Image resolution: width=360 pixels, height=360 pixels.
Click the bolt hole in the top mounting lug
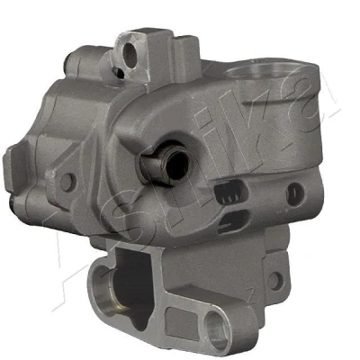coord(130,55)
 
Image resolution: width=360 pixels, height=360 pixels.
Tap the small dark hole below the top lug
coord(119,72)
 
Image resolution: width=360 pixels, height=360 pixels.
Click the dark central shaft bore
coord(177,165)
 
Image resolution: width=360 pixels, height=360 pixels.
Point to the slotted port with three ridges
coord(231,193)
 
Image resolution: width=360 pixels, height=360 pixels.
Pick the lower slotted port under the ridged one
coord(233,221)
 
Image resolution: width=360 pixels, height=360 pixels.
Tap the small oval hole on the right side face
coord(295,194)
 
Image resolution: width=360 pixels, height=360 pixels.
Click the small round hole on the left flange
coord(67,182)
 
